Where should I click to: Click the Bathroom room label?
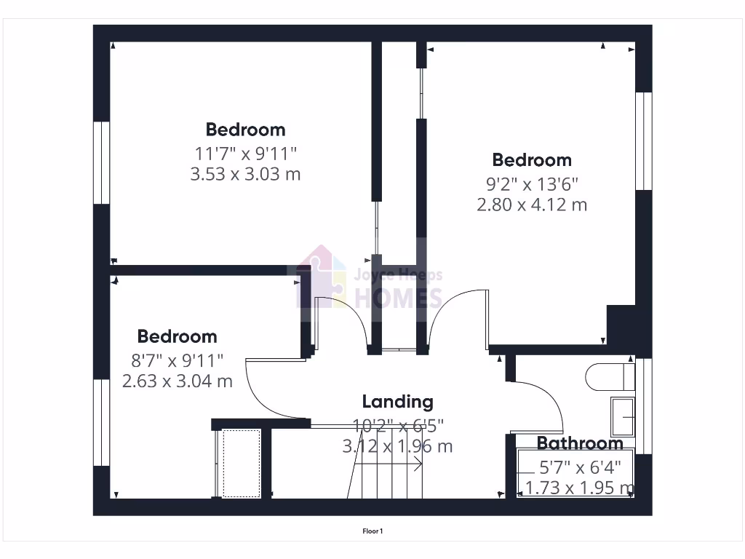580,443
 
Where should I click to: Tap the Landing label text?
397,401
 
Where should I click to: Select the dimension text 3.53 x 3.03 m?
244,174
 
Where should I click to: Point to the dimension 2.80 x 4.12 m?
531,205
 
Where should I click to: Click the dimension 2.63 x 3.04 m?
177,381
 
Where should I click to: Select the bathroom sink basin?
623,416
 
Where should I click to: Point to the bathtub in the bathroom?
575,474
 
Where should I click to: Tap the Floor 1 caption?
372,531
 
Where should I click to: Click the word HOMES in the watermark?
398,298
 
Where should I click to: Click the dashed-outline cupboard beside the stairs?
242,463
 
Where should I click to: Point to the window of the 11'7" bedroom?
101,162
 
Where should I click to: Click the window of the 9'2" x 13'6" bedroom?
643,141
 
